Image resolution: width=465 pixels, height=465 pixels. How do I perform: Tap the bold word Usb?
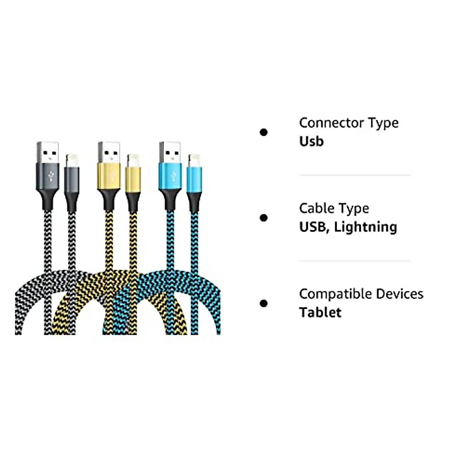click(x=311, y=141)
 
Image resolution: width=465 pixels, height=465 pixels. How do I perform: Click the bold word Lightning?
click(x=365, y=227)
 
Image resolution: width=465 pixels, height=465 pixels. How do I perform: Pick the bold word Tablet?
click(x=320, y=312)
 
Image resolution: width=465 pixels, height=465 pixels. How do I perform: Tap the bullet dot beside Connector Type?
click(x=264, y=133)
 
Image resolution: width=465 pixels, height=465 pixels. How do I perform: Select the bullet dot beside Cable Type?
click(x=264, y=218)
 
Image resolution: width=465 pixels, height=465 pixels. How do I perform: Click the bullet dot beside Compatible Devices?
click(x=264, y=303)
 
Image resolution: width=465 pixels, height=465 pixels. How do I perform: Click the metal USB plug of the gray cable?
click(x=48, y=153)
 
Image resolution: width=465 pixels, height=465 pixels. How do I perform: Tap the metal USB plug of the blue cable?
click(x=170, y=153)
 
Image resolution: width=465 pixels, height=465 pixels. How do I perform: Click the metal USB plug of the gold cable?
click(x=110, y=153)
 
